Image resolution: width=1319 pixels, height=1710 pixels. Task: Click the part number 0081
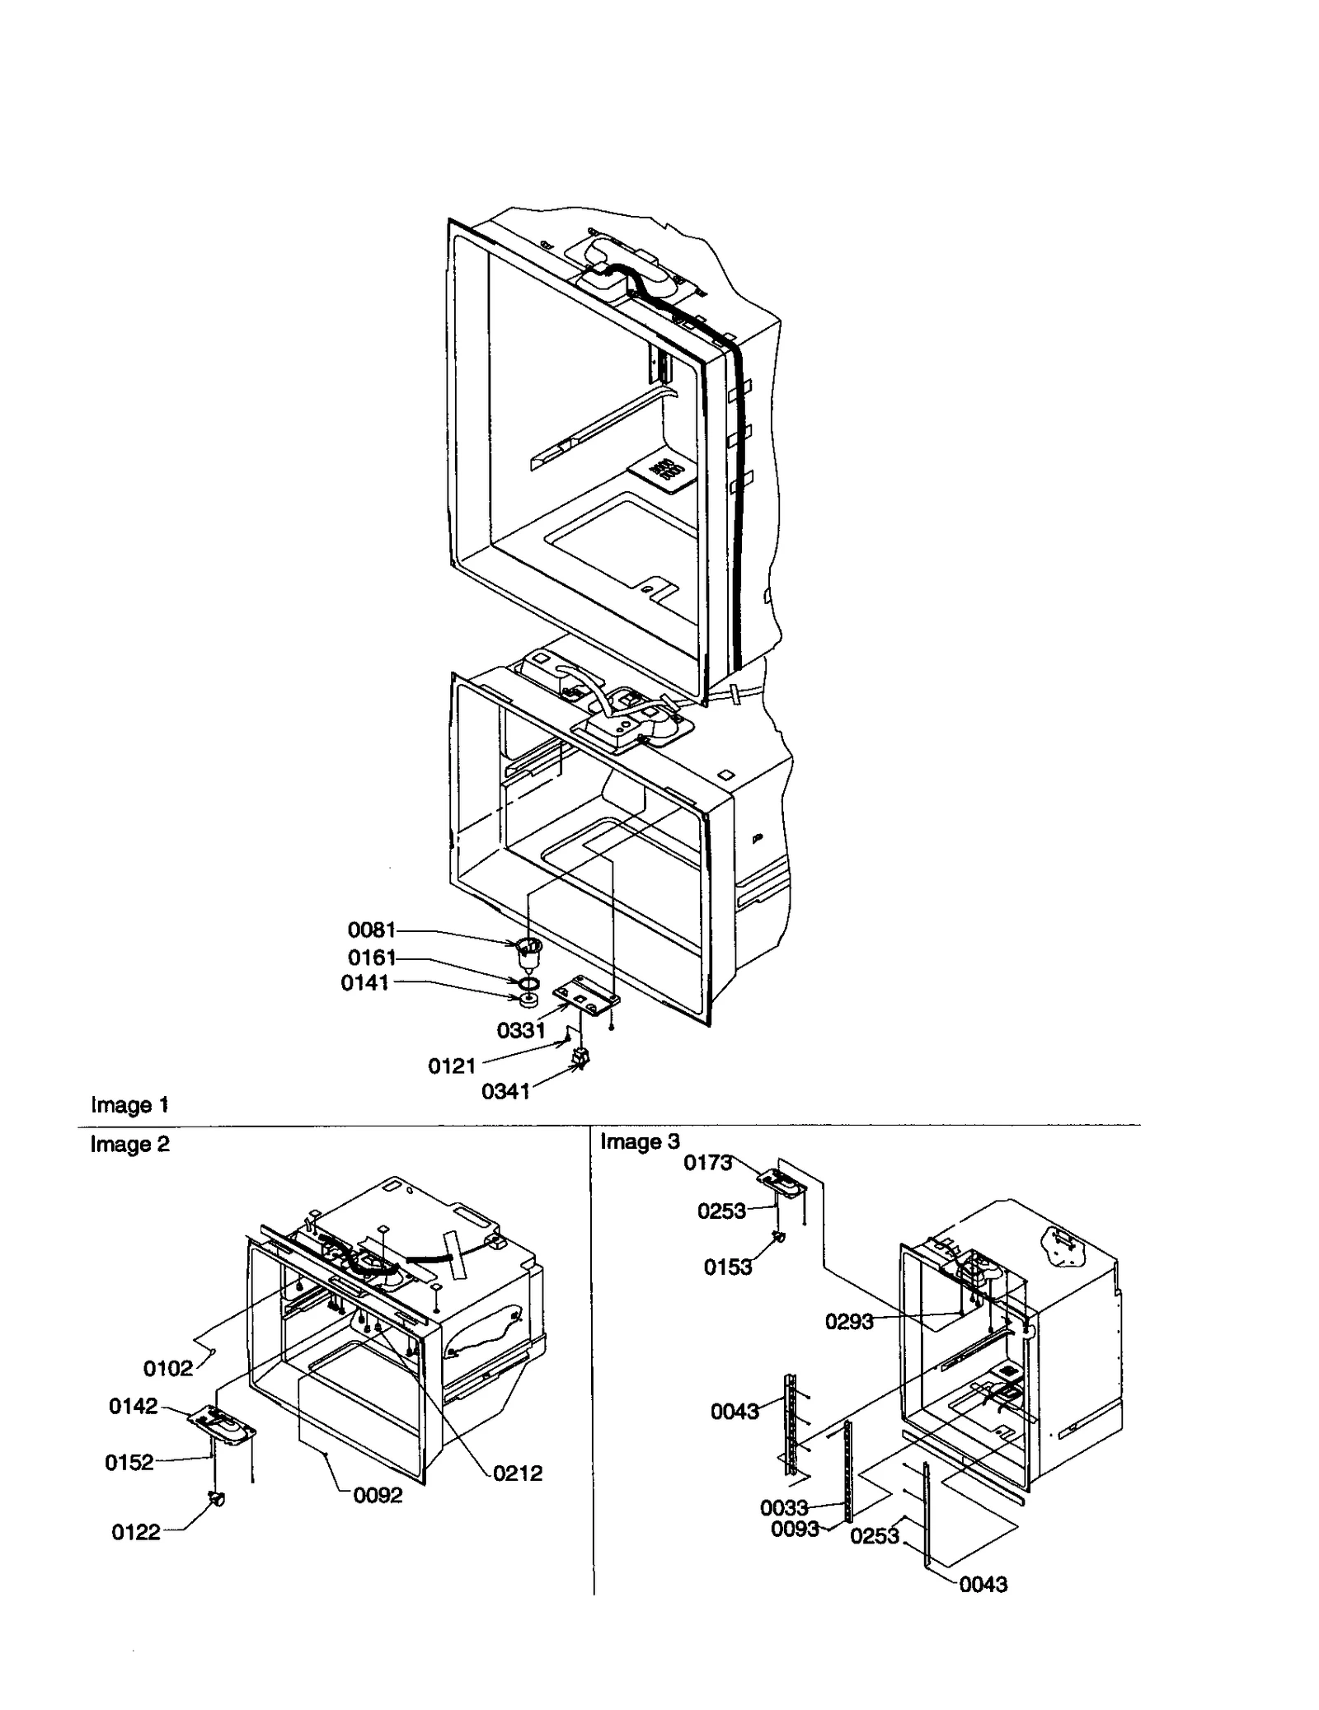click(371, 930)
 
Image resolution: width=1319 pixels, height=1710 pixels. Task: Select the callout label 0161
click(371, 958)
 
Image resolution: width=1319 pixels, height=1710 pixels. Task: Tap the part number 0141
click(364, 983)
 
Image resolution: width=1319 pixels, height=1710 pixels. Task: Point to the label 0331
click(520, 1031)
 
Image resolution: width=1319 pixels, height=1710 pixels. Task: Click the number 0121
click(451, 1066)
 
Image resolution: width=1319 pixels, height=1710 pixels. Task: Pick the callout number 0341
click(505, 1092)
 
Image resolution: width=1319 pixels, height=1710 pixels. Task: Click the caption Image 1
click(129, 1105)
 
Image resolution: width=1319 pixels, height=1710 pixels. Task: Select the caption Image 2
click(129, 1145)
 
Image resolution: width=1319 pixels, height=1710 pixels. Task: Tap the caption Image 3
click(640, 1142)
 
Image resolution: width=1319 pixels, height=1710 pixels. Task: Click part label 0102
click(167, 1369)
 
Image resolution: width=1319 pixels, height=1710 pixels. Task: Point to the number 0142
click(133, 1407)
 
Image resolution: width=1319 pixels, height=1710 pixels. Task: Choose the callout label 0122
click(135, 1533)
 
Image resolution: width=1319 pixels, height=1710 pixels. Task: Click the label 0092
click(378, 1496)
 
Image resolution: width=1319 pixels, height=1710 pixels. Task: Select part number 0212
click(518, 1473)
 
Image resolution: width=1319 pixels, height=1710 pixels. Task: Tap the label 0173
click(707, 1163)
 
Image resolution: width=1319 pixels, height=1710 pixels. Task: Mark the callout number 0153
click(727, 1267)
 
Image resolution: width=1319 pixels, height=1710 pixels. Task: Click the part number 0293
click(848, 1322)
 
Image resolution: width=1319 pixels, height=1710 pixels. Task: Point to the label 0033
click(783, 1508)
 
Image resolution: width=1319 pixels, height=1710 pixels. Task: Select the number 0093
click(795, 1530)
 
